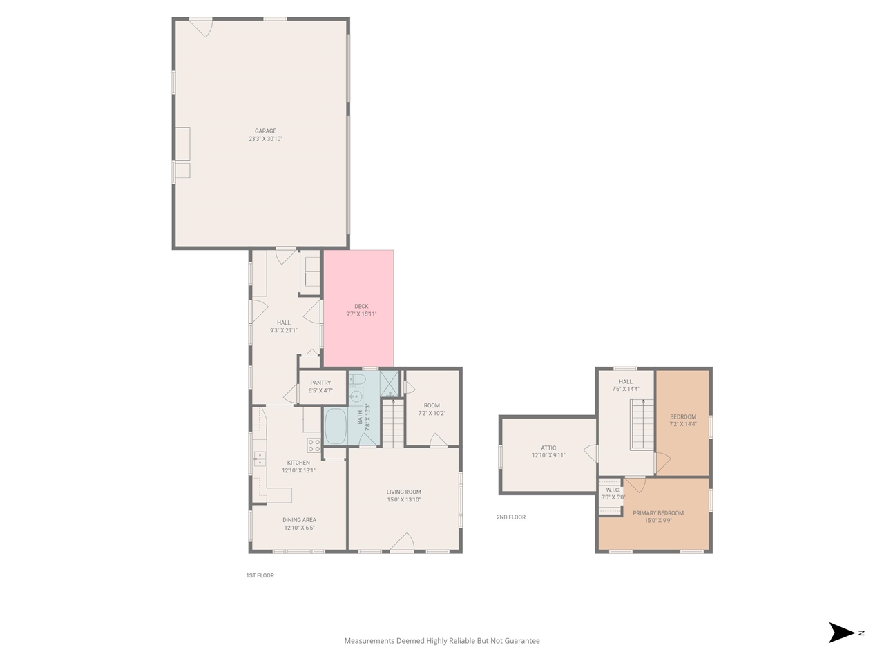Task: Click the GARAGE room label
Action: pyautogui.click(x=265, y=131)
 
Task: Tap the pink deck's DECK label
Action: pyautogui.click(x=361, y=306)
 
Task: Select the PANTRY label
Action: pyautogui.click(x=320, y=383)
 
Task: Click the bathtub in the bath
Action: pyautogui.click(x=335, y=426)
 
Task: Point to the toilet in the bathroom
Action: pyautogui.click(x=358, y=379)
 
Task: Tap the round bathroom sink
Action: pyautogui.click(x=356, y=396)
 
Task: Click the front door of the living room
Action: pyautogui.click(x=402, y=543)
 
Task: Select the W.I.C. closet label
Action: pyautogui.click(x=613, y=490)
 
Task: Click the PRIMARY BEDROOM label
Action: pyautogui.click(x=658, y=513)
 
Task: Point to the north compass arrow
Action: pyautogui.click(x=842, y=633)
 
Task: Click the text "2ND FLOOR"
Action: pyautogui.click(x=511, y=517)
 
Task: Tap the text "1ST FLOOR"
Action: pyautogui.click(x=260, y=575)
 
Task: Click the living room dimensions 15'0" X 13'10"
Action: pyautogui.click(x=404, y=500)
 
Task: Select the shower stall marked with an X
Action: pyautogui.click(x=390, y=383)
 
